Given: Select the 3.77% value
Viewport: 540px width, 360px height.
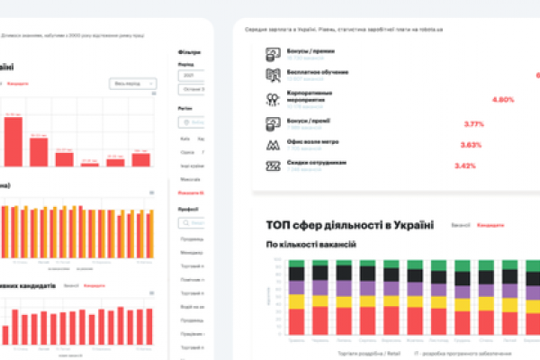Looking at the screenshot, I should (x=473, y=123).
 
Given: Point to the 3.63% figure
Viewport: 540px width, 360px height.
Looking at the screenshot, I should (x=471, y=145).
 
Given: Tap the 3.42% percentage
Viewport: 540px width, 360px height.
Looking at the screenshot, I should (x=465, y=166).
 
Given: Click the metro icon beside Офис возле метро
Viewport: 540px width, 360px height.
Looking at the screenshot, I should (x=272, y=144).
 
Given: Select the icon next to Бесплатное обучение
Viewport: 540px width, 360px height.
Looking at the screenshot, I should (x=272, y=75).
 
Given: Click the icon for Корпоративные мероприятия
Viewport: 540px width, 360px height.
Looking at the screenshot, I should (x=272, y=98).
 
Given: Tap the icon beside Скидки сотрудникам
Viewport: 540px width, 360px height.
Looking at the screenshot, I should (x=272, y=166).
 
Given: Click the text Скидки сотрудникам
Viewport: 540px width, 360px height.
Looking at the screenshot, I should (x=310, y=163).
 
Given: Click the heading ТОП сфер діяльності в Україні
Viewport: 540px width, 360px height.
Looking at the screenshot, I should (x=350, y=224).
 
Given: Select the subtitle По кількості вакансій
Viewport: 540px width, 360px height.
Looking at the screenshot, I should (x=311, y=244).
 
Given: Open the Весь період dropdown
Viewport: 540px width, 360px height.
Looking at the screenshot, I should (x=132, y=84).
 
